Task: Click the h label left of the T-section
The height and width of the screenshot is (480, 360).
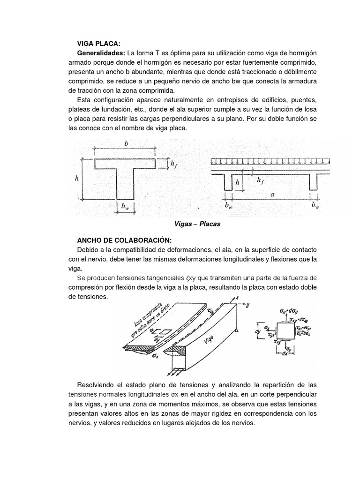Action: point(76,179)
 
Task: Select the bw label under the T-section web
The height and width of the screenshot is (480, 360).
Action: point(125,206)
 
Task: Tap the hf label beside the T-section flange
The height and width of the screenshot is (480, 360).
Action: point(173,164)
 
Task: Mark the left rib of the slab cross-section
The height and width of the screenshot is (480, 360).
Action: point(228,182)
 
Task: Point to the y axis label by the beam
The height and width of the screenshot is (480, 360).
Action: point(246,305)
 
